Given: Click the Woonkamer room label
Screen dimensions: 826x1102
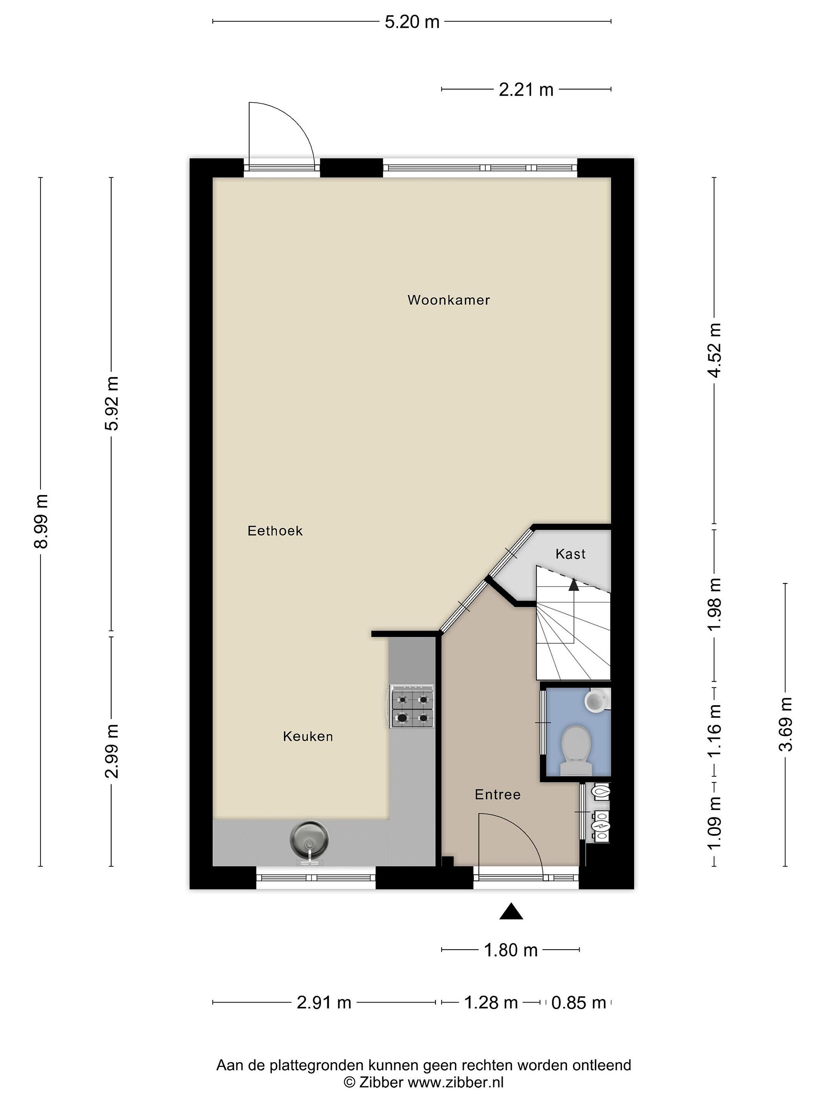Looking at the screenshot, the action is point(449,300).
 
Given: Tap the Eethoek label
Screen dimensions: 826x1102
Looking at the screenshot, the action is point(275,531).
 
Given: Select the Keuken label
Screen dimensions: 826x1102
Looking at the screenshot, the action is point(308,736).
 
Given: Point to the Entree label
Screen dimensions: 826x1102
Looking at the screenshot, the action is point(498,795).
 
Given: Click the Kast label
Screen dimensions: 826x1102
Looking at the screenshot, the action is point(570,554).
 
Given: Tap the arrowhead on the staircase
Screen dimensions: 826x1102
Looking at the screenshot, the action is point(574,584).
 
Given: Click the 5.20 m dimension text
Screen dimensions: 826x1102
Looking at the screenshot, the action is point(412,22).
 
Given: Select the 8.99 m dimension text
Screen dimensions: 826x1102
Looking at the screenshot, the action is point(41,522).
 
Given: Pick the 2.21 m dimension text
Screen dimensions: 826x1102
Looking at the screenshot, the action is point(526,90).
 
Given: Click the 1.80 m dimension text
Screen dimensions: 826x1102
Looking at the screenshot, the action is point(511,950).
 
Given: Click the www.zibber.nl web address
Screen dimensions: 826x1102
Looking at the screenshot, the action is point(455,1082).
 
